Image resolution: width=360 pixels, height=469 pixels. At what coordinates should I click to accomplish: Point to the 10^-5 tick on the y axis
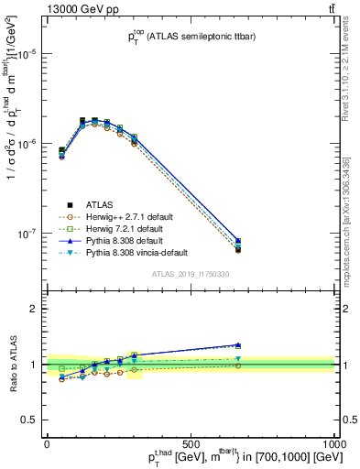(x=27, y=54)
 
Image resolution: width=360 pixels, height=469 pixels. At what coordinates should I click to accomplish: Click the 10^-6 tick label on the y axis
(x=27, y=144)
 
